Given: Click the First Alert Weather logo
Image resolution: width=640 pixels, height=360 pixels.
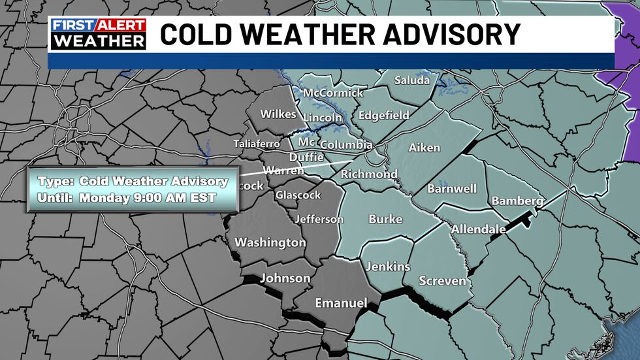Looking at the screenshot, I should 98,33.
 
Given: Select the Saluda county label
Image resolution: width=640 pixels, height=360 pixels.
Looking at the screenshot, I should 412,80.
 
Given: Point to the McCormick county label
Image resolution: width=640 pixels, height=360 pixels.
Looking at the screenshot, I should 333,93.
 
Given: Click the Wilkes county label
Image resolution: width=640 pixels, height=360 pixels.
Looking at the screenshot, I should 278,114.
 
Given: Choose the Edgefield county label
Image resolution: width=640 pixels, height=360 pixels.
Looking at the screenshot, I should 384,116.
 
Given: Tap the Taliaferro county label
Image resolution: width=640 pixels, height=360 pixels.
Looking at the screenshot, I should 257,144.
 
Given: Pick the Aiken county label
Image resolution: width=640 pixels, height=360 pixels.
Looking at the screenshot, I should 424,148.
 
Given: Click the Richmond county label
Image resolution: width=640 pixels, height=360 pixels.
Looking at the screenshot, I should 369,174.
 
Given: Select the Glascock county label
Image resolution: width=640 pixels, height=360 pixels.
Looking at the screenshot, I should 298,195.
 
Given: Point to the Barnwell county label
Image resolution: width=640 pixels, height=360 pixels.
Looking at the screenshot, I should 452,189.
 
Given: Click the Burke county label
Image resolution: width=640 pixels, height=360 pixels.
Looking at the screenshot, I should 385,220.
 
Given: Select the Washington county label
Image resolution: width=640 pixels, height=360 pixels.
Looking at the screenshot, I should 270,242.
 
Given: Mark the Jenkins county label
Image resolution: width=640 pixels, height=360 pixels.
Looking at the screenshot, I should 388,267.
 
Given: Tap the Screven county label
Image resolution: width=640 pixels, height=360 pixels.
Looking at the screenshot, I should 443,281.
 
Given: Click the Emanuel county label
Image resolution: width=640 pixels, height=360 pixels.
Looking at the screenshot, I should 341,303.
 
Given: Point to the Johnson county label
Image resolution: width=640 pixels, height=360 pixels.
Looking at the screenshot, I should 285,278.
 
